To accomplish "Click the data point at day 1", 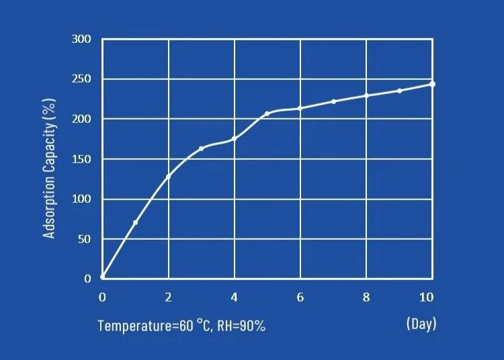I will pyautogui.click(x=135, y=222).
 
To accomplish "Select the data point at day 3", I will pyautogui.click(x=201, y=148).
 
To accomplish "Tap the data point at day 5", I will pyautogui.click(x=267, y=114).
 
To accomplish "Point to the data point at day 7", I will pyautogui.click(x=333, y=101).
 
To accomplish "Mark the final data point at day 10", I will pyautogui.click(x=432, y=84).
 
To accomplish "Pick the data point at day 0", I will pyautogui.click(x=103, y=276).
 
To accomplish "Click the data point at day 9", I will pyautogui.click(x=399, y=91).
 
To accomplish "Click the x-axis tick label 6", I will pyautogui.click(x=300, y=298).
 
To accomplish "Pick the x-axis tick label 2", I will pyautogui.click(x=168, y=298).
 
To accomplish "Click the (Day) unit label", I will pyautogui.click(x=421, y=324).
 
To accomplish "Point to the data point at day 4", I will pyautogui.click(x=234, y=139).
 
